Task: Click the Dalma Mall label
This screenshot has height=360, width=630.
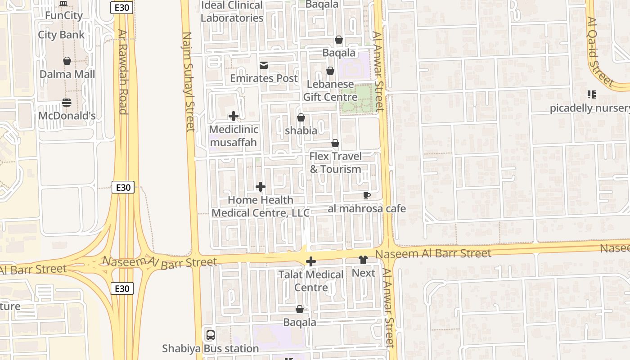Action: click(67, 74)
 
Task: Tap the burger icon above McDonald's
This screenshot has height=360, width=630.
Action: click(67, 103)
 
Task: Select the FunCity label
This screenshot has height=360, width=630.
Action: click(63, 15)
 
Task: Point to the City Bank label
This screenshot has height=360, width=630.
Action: click(61, 35)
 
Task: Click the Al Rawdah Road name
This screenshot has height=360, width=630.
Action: click(122, 72)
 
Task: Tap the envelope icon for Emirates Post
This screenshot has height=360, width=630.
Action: click(264, 66)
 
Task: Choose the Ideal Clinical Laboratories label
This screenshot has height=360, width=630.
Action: click(232, 12)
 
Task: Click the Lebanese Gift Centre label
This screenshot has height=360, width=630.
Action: click(330, 90)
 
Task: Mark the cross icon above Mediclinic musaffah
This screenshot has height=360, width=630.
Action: click(233, 116)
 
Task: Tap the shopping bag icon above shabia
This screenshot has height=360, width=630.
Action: click(301, 117)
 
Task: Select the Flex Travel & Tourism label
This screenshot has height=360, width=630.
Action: click(335, 162)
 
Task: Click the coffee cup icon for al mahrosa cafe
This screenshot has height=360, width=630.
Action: click(367, 195)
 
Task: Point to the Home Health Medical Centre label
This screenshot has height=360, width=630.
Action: click(261, 206)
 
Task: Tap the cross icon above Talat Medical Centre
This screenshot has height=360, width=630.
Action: click(310, 261)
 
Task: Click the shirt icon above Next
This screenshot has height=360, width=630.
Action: click(363, 260)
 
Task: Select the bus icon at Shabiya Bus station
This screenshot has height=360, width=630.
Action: click(210, 335)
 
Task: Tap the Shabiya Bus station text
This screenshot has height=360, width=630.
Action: click(210, 348)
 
